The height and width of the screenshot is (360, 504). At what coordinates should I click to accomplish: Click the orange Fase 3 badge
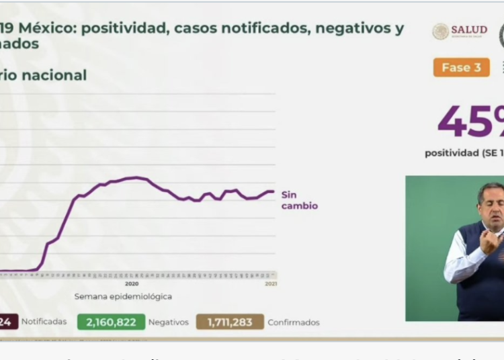[x=461, y=67]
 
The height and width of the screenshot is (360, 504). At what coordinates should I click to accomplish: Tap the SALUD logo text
[x=469, y=30]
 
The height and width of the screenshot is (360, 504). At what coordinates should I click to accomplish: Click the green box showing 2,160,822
[x=111, y=322]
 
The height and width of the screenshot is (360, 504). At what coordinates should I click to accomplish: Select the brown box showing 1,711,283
[x=230, y=322]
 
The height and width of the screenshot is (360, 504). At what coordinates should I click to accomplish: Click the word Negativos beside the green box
[x=168, y=322]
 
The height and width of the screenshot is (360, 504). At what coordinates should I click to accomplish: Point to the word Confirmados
[x=294, y=322]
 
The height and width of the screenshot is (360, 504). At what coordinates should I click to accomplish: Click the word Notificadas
[x=44, y=322]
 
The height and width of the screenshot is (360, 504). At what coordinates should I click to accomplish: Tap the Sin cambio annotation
[x=299, y=200]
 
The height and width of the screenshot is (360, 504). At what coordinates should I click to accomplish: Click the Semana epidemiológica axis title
[x=123, y=296]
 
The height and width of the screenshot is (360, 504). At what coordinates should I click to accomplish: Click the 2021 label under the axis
[x=269, y=284]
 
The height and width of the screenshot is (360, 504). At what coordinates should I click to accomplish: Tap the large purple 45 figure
[x=464, y=122]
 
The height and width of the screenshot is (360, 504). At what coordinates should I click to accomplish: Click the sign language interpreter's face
[x=492, y=201]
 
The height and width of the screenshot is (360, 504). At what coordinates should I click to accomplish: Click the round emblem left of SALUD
[x=441, y=31]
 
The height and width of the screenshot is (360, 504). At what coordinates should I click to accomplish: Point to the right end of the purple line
[x=274, y=191]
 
